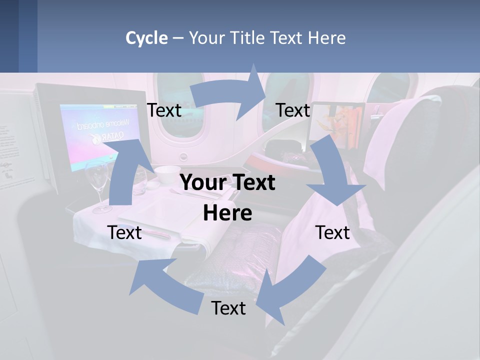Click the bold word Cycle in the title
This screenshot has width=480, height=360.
tap(146, 38)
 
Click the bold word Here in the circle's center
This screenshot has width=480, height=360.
tap(227, 213)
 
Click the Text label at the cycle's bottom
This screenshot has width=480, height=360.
tap(228, 308)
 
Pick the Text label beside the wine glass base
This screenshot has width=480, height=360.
tap(124, 232)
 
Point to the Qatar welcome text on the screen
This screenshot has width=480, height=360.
tap(107, 130)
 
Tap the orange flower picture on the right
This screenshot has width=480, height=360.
tap(340, 122)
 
